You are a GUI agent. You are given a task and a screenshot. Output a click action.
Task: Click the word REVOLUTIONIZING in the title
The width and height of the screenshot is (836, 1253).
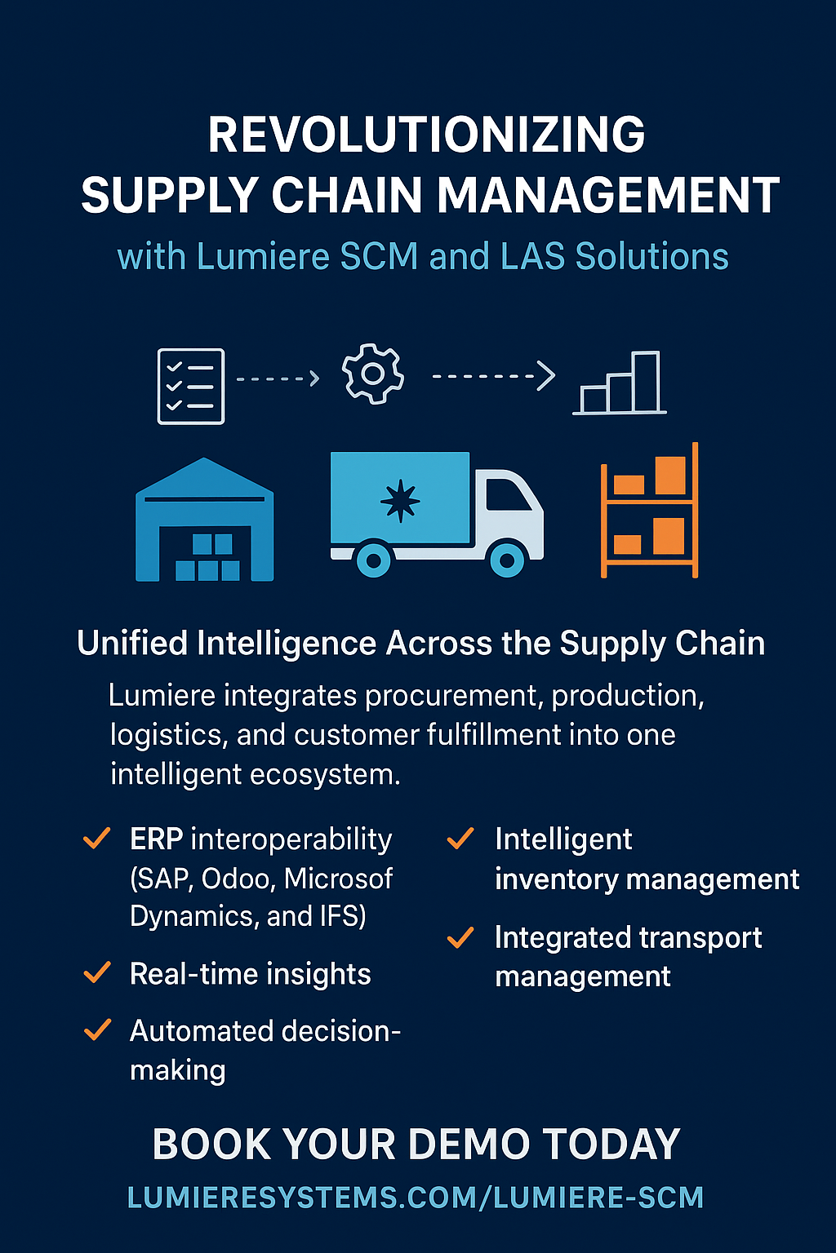coord(426,135)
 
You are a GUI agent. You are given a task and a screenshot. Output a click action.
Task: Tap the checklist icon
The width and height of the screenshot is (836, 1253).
coord(191,386)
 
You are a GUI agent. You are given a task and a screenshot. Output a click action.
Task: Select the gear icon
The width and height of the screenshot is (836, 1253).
coord(373,374)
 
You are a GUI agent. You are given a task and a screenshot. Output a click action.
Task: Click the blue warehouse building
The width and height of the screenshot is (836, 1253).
coord(204,522)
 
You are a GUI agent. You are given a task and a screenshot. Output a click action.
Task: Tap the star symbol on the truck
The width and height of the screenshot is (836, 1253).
coord(400,500)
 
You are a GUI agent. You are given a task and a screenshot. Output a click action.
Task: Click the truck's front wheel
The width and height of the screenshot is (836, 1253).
coord(507,560)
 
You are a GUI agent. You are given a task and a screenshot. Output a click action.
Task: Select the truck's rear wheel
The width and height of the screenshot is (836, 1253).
coord(374,560)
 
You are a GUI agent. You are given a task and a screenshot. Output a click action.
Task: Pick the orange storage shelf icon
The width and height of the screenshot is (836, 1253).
coord(650,511)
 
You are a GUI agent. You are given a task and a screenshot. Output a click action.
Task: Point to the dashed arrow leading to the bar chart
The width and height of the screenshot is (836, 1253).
coord(493,376)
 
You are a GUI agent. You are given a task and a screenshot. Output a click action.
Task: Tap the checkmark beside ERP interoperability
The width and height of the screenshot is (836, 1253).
coord(97,839)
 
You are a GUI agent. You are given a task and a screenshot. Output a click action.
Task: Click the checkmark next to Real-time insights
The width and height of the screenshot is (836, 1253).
coord(97,972)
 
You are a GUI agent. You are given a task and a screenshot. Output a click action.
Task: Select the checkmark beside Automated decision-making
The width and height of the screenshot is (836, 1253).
coord(97,1029)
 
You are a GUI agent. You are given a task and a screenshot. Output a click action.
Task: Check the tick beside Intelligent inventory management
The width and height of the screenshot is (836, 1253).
coord(460,839)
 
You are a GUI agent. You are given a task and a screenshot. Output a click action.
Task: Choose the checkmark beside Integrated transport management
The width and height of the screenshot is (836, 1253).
coord(460,938)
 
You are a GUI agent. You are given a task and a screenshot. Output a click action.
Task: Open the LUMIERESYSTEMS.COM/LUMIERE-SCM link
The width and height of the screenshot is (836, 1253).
coord(416,1198)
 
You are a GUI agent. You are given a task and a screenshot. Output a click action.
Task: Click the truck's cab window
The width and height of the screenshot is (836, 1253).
coord(507,494)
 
